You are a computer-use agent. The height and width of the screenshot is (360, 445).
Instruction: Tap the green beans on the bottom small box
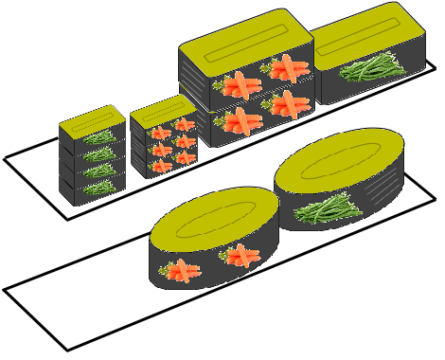pos(98,188)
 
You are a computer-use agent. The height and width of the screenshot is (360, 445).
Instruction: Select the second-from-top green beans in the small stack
pos(98,153)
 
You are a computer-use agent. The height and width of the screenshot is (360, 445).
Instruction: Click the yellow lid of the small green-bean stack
pos(92,119)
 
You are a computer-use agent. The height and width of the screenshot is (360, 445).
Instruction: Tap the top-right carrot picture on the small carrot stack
pos(183,127)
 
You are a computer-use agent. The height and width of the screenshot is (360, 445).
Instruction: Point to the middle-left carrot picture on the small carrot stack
pos(161,150)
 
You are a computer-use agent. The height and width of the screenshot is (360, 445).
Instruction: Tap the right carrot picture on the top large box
pos(288,68)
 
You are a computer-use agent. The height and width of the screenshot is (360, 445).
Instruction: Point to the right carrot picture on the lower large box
pos(289,103)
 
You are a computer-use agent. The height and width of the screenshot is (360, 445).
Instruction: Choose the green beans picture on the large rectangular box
pos(371,67)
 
